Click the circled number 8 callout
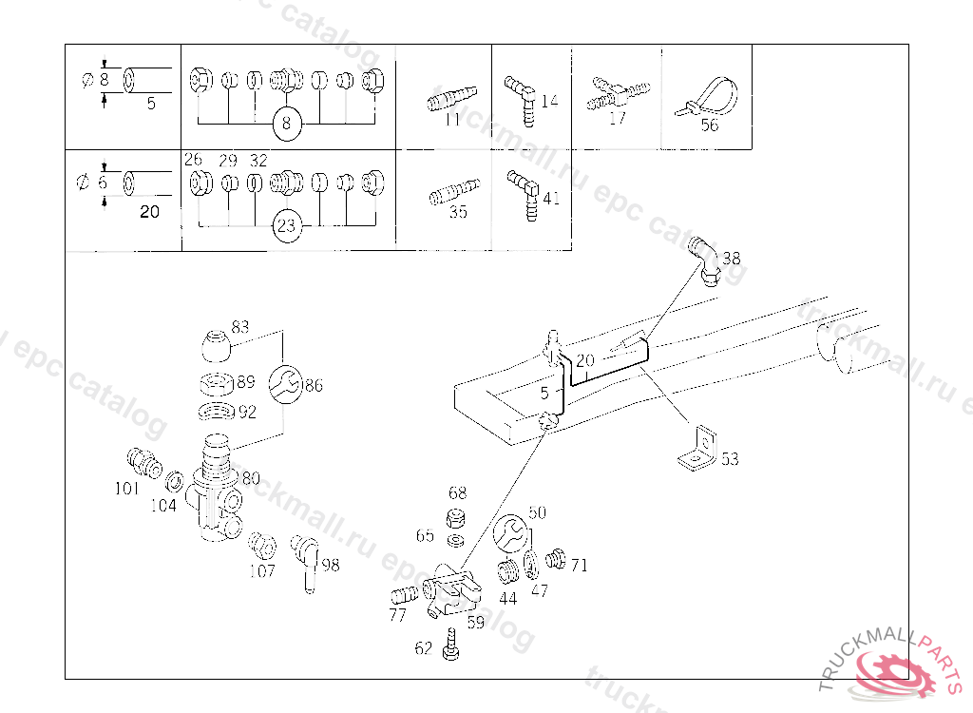pos(288,123)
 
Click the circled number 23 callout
pos(288,226)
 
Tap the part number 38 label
pos(731,258)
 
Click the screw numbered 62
pos(449,647)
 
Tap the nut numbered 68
pos(457,519)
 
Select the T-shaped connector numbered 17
pos(618,93)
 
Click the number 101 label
pos(126,489)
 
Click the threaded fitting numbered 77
pos(404,597)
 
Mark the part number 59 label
pos(474,624)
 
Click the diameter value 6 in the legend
pos(104,183)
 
